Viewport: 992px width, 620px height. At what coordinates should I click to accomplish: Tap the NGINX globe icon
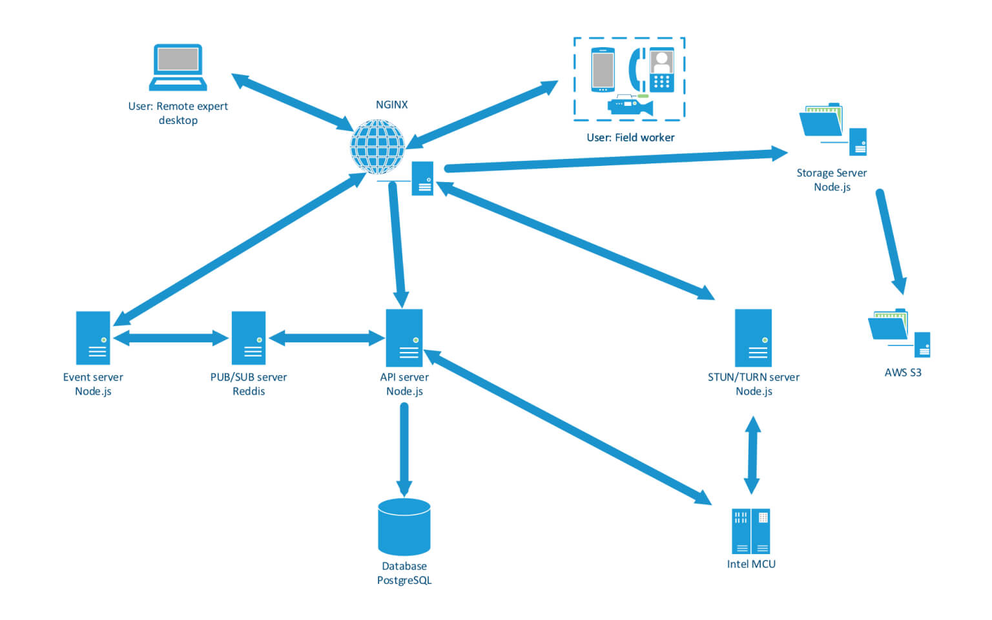[378, 147]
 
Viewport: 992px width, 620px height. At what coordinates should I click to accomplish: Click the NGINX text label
[391, 105]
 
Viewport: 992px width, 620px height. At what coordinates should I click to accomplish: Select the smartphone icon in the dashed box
[603, 70]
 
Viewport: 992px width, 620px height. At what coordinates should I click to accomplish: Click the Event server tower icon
[93, 338]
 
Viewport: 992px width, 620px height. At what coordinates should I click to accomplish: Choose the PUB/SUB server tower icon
[249, 338]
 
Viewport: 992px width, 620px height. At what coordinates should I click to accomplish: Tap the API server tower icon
[404, 337]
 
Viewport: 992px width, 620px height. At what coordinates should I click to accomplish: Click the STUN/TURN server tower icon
[753, 337]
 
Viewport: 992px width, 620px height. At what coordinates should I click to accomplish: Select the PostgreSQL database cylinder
[404, 526]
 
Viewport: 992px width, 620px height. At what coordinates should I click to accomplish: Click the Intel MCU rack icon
[750, 531]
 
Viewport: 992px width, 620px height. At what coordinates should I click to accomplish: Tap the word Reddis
[249, 391]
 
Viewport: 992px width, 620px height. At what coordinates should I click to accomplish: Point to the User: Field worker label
[630, 138]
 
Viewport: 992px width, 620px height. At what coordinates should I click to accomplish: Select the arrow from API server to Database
[404, 449]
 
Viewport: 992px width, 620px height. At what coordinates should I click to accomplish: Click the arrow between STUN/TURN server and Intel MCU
[752, 455]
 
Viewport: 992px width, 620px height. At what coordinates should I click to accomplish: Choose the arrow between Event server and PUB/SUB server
[171, 338]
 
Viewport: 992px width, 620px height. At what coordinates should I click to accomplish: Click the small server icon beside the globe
[423, 178]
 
